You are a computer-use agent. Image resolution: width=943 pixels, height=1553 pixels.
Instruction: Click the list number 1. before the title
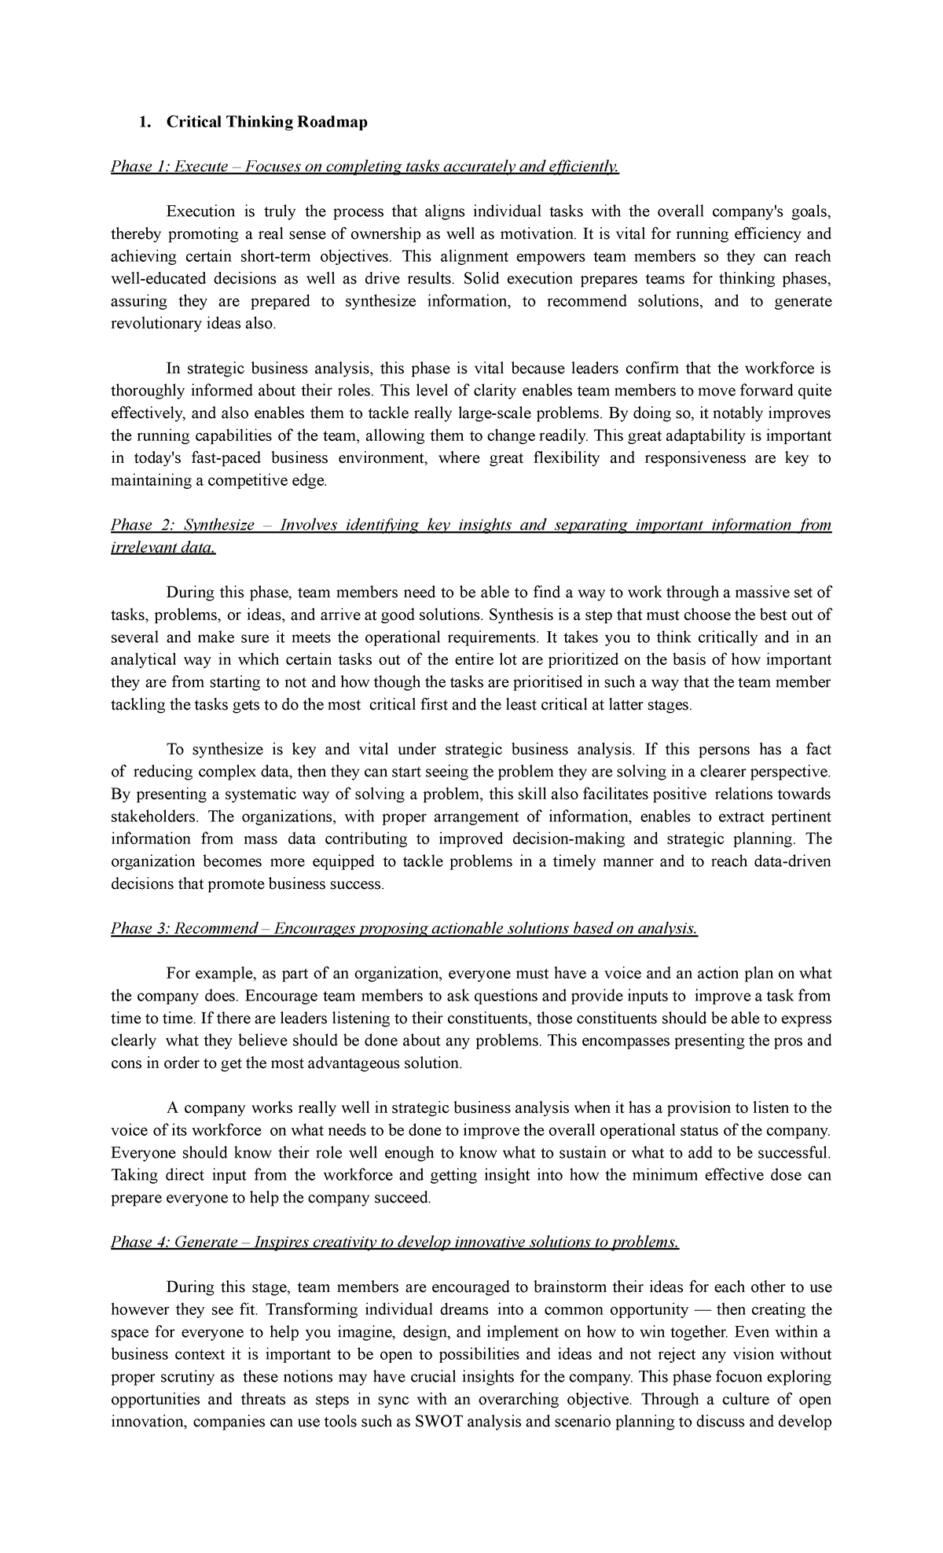(143, 122)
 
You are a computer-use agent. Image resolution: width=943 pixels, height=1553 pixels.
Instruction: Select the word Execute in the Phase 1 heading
(201, 167)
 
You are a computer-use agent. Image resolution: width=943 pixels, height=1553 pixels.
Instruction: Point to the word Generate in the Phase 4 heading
(206, 1242)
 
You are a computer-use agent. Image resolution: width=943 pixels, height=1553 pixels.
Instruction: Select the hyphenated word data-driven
(791, 861)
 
